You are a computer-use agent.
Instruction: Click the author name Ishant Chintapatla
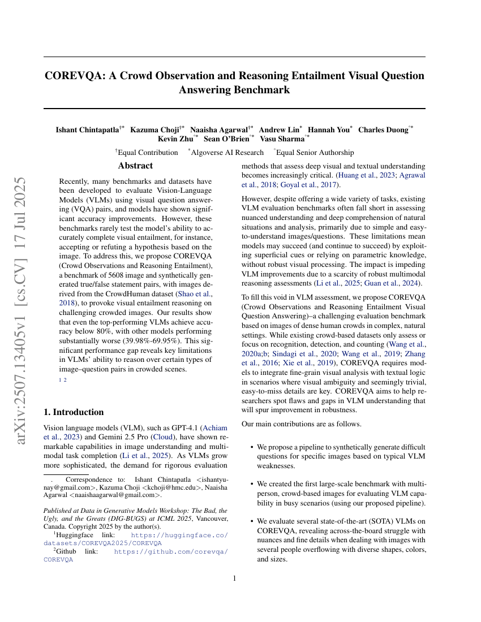pos(87,129)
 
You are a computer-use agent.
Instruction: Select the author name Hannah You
pos(328,129)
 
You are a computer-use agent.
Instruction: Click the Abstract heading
pos(135,166)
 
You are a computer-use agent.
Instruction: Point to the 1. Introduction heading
pos(74,412)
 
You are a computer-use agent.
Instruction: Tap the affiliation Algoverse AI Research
pos(227,152)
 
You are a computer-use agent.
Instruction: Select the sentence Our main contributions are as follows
pos(302,424)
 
